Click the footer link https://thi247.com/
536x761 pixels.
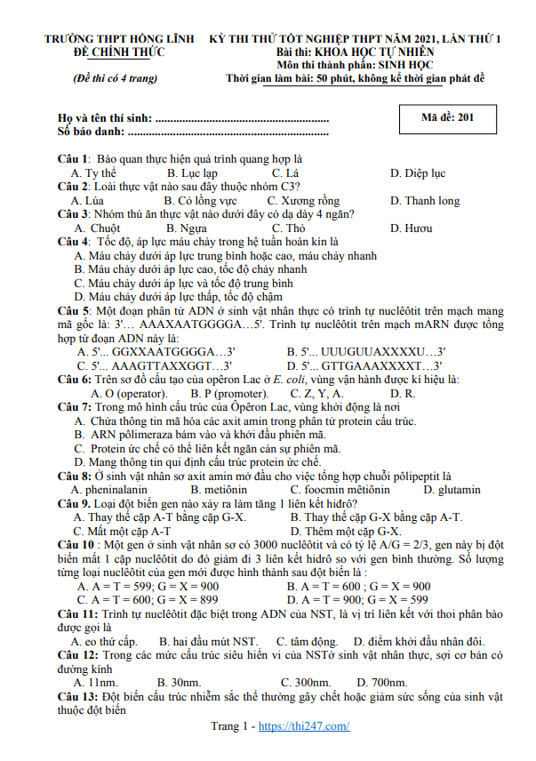click(304, 726)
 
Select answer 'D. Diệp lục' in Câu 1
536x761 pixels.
click(418, 173)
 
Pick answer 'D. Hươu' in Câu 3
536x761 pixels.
click(412, 228)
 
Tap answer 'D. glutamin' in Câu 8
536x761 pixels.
click(452, 490)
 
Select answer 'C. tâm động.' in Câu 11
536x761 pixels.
click(307, 641)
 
